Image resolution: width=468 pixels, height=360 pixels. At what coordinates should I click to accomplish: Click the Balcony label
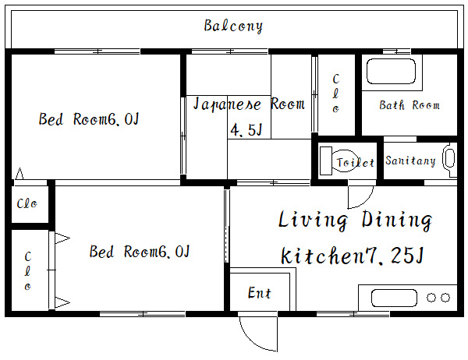tap(233, 26)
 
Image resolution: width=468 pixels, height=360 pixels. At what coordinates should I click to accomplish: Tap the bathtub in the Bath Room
tap(391, 71)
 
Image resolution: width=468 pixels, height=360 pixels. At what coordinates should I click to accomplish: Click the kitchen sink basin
tap(394, 298)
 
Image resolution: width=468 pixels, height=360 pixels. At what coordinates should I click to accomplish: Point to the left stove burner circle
tap(431, 298)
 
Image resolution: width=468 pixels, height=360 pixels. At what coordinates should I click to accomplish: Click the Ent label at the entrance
tap(260, 293)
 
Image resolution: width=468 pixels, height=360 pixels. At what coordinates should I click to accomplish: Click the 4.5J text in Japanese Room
tap(246, 130)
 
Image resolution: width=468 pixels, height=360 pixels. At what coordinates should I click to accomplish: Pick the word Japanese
tap(227, 104)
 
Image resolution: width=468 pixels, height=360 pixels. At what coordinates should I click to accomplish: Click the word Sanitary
tap(410, 161)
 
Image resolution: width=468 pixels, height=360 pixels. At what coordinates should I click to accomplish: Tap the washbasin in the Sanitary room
tap(449, 161)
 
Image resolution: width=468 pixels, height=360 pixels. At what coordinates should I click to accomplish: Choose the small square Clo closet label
tap(27, 203)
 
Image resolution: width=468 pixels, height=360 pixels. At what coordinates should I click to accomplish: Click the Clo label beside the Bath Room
tap(335, 94)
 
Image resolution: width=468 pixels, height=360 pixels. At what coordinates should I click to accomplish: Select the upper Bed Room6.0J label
tap(89, 118)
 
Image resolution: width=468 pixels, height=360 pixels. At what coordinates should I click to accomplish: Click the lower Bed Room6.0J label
tap(140, 252)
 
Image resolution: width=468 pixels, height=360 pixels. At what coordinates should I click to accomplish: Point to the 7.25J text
tap(392, 256)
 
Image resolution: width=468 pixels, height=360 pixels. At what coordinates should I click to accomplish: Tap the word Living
tap(313, 220)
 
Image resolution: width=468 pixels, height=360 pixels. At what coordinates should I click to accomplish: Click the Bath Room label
tap(409, 105)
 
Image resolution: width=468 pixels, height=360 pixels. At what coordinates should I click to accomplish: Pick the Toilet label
tap(355, 163)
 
